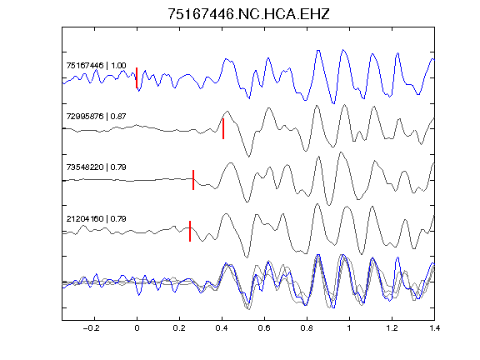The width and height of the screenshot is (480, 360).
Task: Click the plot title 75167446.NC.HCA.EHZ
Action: pyautogui.click(x=248, y=14)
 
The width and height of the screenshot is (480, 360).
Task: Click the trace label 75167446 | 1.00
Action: pyautogui.click(x=96, y=66)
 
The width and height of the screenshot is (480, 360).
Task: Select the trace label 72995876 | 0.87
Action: pyautogui.click(x=96, y=117)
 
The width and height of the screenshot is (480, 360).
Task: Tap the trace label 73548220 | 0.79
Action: pyautogui.click(x=96, y=167)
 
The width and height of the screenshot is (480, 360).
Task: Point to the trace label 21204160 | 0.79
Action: pyautogui.click(x=96, y=219)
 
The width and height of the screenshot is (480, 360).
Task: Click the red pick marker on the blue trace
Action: pyautogui.click(x=137, y=77)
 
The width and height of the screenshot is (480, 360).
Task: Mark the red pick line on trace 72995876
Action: pyautogui.click(x=223, y=129)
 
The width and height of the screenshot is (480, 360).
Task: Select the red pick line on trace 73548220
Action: pyautogui.click(x=193, y=180)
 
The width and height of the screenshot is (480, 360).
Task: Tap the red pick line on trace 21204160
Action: pyautogui.click(x=190, y=231)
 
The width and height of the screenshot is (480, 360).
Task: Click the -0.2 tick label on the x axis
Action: pyautogui.click(x=92, y=328)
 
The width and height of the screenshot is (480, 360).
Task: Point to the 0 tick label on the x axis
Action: pyautogui.click(x=137, y=328)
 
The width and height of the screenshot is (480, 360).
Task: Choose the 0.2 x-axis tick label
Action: pyautogui.click(x=179, y=328)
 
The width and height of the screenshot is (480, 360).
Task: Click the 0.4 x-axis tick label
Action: pyautogui.click(x=222, y=328)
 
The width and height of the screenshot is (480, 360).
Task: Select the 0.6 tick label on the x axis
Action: pyautogui.click(x=264, y=328)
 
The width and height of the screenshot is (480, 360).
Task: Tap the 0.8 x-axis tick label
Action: pyautogui.click(x=307, y=328)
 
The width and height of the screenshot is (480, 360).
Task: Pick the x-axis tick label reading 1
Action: pyautogui.click(x=349, y=328)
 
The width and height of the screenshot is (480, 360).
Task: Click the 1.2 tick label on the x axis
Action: pyautogui.click(x=392, y=328)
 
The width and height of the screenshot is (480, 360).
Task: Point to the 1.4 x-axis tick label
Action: pyautogui.click(x=434, y=328)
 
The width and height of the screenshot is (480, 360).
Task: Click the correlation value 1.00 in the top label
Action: pyautogui.click(x=118, y=66)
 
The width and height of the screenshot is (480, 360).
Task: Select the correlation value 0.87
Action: pyautogui.click(x=118, y=117)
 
